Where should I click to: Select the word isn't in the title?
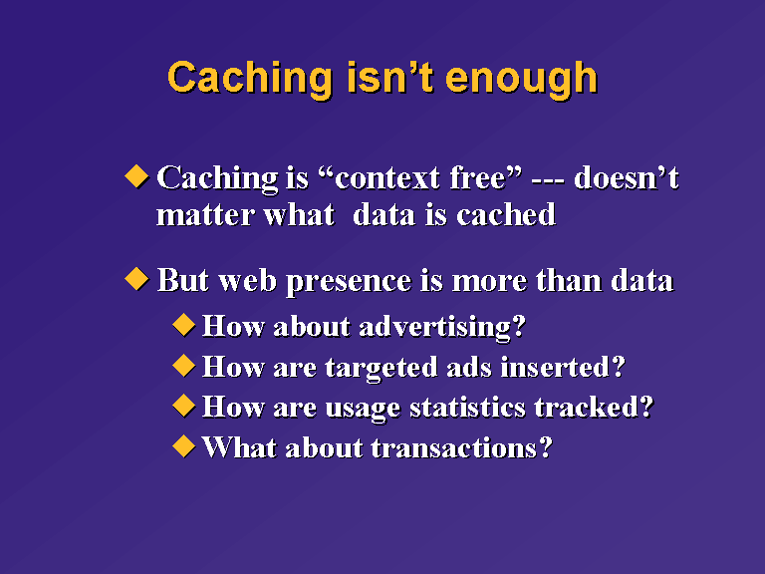[390, 77]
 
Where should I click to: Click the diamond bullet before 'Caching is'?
[136, 176]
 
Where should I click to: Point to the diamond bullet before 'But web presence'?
[136, 279]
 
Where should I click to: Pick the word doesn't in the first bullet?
[627, 177]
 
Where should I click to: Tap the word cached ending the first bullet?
[506, 214]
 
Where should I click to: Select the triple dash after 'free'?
[548, 180]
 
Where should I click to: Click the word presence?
[349, 282]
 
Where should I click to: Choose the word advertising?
[442, 327]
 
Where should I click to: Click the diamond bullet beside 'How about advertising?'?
[184, 325]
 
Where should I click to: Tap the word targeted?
[382, 368]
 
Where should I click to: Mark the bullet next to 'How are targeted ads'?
[184, 366]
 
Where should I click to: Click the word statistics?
[468, 408]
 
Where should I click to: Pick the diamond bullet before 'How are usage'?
[184, 407]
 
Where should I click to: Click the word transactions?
[461, 448]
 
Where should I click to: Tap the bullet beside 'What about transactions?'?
[184, 446]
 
